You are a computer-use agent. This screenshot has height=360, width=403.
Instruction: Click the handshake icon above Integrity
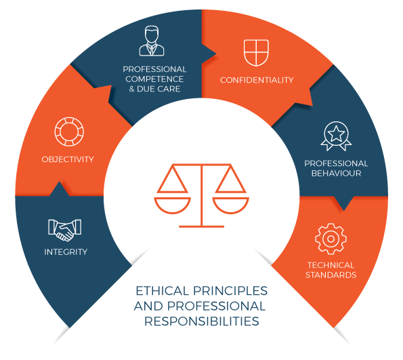[x=65, y=230]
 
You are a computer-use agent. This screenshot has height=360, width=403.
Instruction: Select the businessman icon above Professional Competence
[x=152, y=41]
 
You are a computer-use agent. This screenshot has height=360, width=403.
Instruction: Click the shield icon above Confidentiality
[x=256, y=53]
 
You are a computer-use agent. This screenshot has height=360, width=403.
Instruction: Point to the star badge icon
[x=336, y=136]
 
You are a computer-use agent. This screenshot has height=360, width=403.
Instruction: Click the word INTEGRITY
[x=66, y=252]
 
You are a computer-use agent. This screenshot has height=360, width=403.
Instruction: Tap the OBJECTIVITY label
[x=68, y=159]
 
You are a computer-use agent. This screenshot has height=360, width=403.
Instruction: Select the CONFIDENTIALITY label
[x=257, y=80]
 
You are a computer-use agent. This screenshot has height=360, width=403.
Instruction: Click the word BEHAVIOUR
[x=336, y=174]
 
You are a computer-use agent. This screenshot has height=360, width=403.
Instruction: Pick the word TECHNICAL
[x=331, y=265]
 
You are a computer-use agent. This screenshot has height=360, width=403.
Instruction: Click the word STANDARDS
[x=331, y=275]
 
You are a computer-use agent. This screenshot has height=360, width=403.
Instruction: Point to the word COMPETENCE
[x=154, y=79]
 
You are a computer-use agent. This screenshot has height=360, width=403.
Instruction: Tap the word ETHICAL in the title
[x=162, y=291]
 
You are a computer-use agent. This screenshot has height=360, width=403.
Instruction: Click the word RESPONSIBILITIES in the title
[x=202, y=321]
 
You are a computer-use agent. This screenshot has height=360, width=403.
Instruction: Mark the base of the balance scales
[x=202, y=226]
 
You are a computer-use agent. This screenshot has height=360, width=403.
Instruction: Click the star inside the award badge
[x=336, y=134]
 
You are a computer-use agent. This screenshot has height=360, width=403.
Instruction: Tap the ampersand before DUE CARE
[x=131, y=89]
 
